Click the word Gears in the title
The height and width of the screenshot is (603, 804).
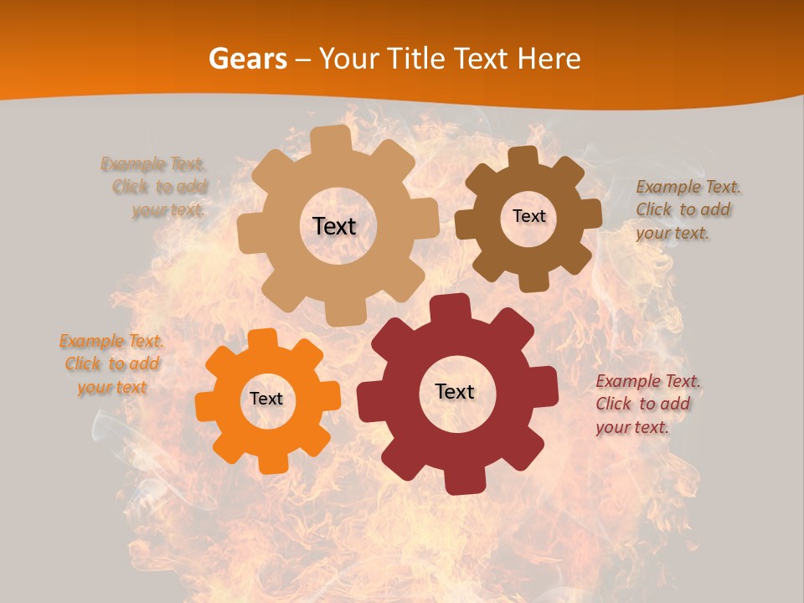pos(247,59)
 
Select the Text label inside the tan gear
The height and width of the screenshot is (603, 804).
pos(334,226)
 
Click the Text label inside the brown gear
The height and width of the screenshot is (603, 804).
pos(528,216)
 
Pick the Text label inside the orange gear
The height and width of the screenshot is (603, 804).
pos(266,399)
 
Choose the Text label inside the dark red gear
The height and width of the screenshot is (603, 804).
pos(455,391)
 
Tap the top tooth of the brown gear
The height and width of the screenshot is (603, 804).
pos(523,157)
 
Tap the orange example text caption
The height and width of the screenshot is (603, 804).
pos(111,364)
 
